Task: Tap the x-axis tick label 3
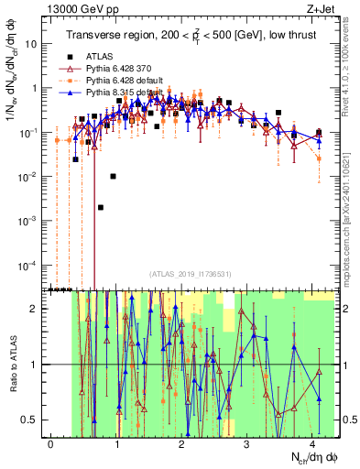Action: (x=247, y=442)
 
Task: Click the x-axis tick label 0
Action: (x=51, y=442)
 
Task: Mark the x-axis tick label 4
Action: (x=312, y=442)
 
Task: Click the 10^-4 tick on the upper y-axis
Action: (x=32, y=266)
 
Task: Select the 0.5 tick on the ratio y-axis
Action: (x=34, y=420)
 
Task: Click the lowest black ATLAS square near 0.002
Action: (x=101, y=207)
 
